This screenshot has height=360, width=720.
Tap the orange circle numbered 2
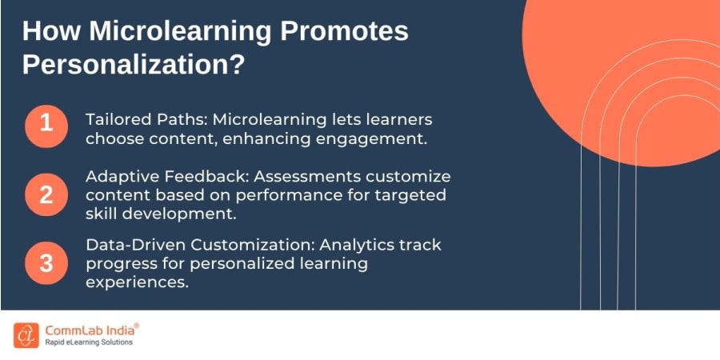click(x=46, y=194)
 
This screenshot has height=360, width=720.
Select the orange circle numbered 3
click(x=46, y=263)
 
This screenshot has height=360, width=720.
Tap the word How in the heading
click(x=48, y=32)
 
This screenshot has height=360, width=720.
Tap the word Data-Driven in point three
click(x=132, y=245)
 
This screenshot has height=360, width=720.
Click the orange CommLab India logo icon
click(x=26, y=335)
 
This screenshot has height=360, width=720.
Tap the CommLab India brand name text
click(x=89, y=330)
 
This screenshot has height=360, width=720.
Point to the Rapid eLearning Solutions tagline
click(x=89, y=342)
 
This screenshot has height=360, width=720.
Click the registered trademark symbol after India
click(x=136, y=326)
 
